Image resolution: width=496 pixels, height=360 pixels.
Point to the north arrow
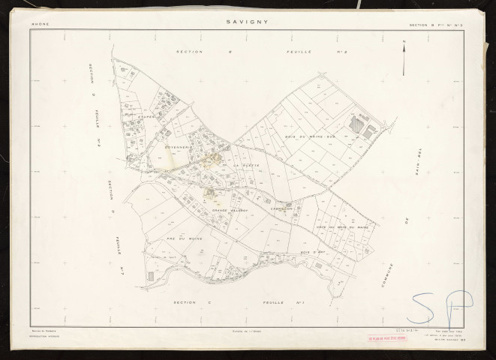point(404,56)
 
